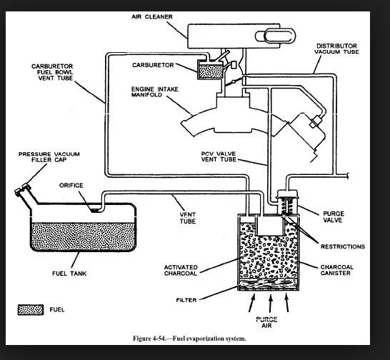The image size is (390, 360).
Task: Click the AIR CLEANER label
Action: tap(152, 16)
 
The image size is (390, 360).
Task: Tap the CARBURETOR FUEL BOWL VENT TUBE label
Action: tap(52, 72)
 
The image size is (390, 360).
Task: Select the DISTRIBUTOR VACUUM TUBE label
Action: tap(336, 49)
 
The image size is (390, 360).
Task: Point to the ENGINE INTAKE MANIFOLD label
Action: tap(155, 92)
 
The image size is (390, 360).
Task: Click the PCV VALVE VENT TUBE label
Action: tap(219, 156)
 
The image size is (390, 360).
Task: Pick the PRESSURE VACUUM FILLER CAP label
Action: tap(49, 157)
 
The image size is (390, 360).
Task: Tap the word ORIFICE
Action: tap(71, 185)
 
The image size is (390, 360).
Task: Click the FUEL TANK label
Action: tap(69, 274)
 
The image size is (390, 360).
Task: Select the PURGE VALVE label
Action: tap(334, 216)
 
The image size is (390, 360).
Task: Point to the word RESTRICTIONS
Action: tap(343, 246)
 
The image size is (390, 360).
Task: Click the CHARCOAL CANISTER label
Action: tap(336, 270)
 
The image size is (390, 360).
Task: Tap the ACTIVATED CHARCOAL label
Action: tap(181, 270)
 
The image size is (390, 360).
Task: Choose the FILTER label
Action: tap(186, 300)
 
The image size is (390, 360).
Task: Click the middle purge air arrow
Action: tap(271, 304)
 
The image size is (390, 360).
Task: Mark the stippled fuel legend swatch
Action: tap(31, 310)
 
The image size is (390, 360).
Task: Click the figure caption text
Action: tap(189, 339)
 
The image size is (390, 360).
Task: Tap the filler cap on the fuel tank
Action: tap(22, 189)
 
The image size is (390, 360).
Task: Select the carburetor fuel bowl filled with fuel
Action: tap(211, 71)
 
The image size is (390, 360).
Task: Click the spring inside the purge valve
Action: tap(287, 206)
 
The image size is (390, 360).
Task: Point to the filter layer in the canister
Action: tap(269, 284)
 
